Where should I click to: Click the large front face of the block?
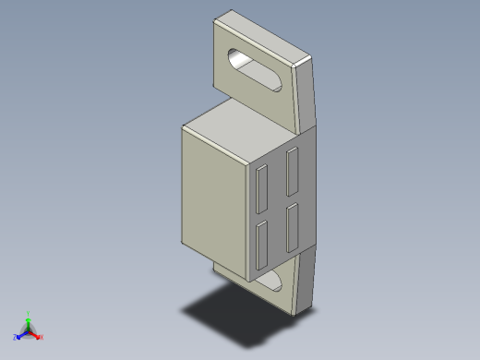(214, 194)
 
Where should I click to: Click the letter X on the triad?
(42, 338)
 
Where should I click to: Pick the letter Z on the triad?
(15, 337)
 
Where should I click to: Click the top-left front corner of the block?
(184, 130)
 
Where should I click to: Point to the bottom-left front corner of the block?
(182, 242)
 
